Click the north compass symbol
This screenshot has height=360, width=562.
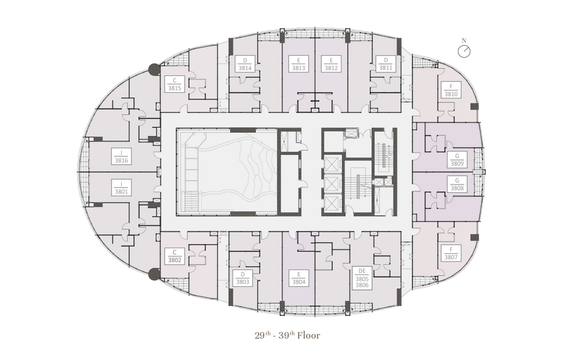coord(464,52)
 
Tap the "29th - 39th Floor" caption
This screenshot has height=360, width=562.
coord(287,335)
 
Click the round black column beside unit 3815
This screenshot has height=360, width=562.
coord(155,69)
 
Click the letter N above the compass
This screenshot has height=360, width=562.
coord(464,41)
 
